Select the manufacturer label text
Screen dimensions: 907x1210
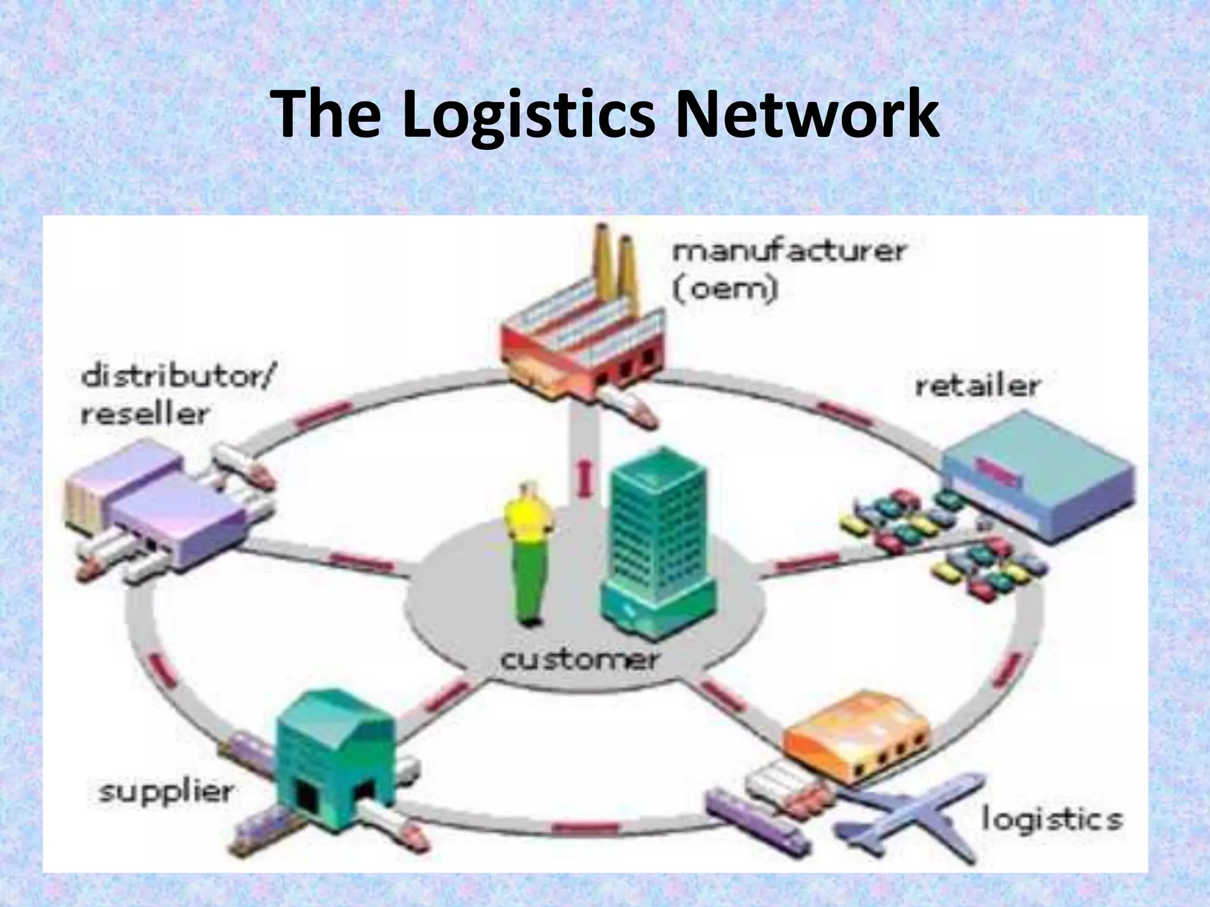pos(789,252)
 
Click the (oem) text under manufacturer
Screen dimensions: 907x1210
pos(725,289)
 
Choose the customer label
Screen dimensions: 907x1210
pos(578,660)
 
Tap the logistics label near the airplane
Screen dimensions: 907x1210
pos(1051,819)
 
